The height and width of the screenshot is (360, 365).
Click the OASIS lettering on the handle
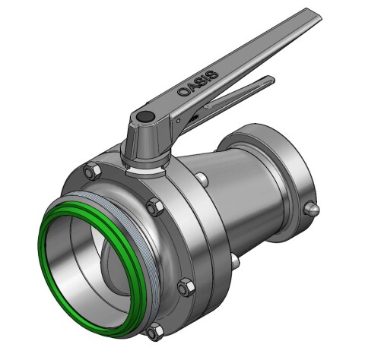coord(197,81)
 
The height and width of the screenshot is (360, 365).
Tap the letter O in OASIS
coord(182,91)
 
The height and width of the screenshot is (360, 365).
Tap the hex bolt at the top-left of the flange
coord(93,170)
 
